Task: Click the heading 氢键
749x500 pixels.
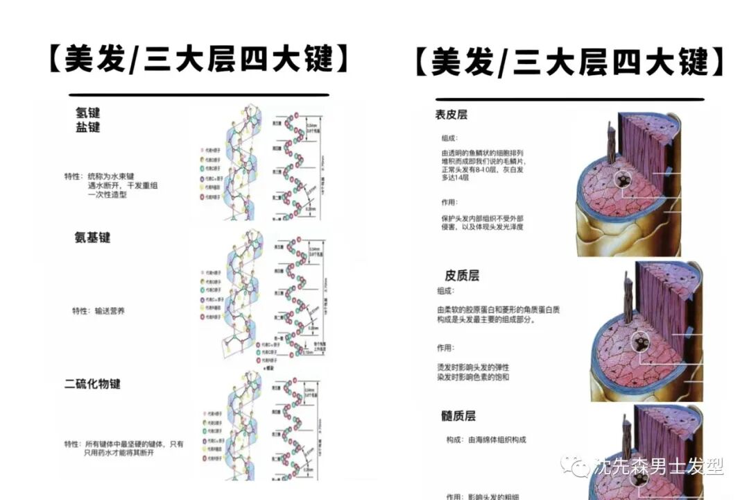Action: point(88,112)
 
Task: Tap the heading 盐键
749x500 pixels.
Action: point(88,127)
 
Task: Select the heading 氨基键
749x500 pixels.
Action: point(92,237)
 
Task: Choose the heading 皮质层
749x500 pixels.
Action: point(462,275)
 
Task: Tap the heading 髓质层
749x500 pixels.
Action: point(458,416)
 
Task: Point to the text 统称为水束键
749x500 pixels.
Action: point(114,176)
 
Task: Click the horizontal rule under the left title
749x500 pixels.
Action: point(199,95)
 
